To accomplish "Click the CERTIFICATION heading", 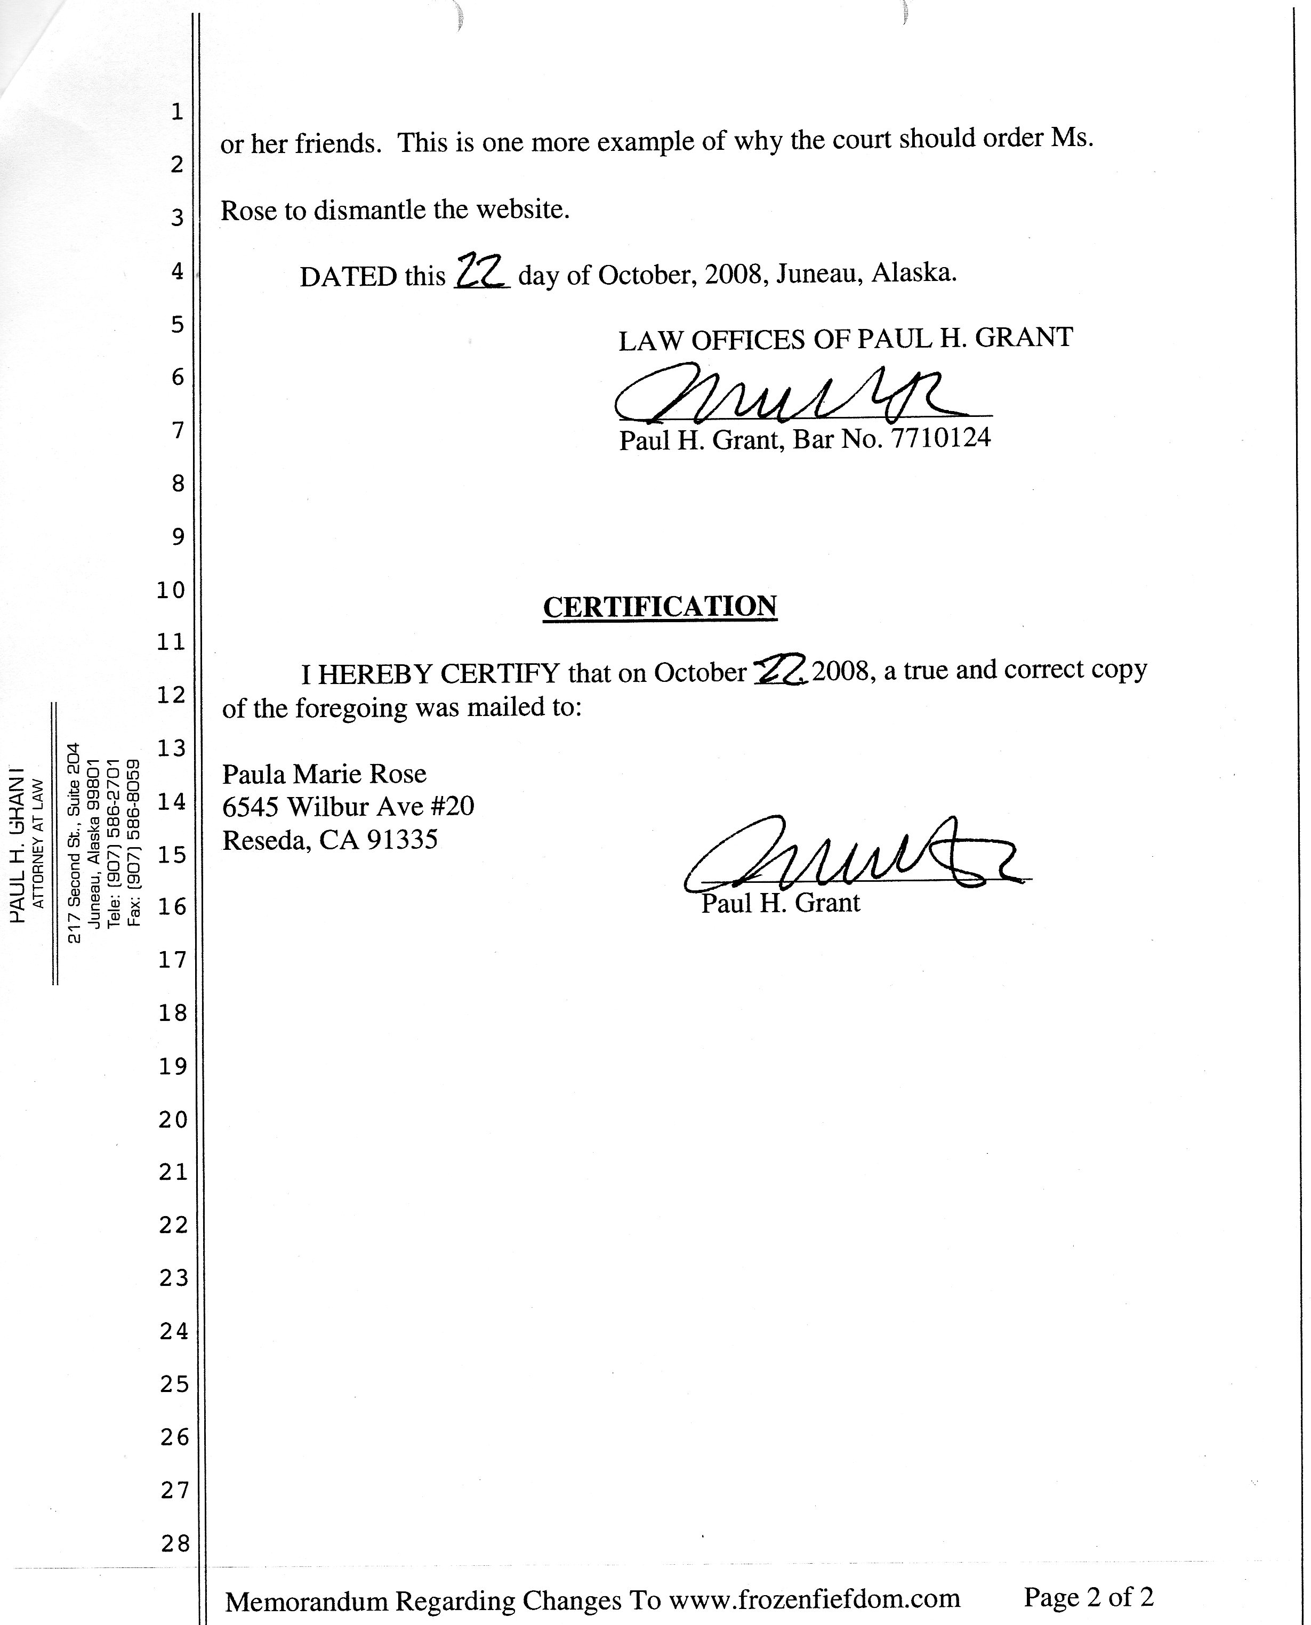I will click(x=660, y=606).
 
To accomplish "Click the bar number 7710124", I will click(x=941, y=438).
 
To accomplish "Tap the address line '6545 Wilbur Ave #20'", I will click(x=348, y=807).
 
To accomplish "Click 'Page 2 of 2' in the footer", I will click(x=1088, y=1597).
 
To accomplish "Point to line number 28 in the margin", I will click(x=174, y=1543).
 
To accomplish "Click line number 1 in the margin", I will click(x=176, y=112).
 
